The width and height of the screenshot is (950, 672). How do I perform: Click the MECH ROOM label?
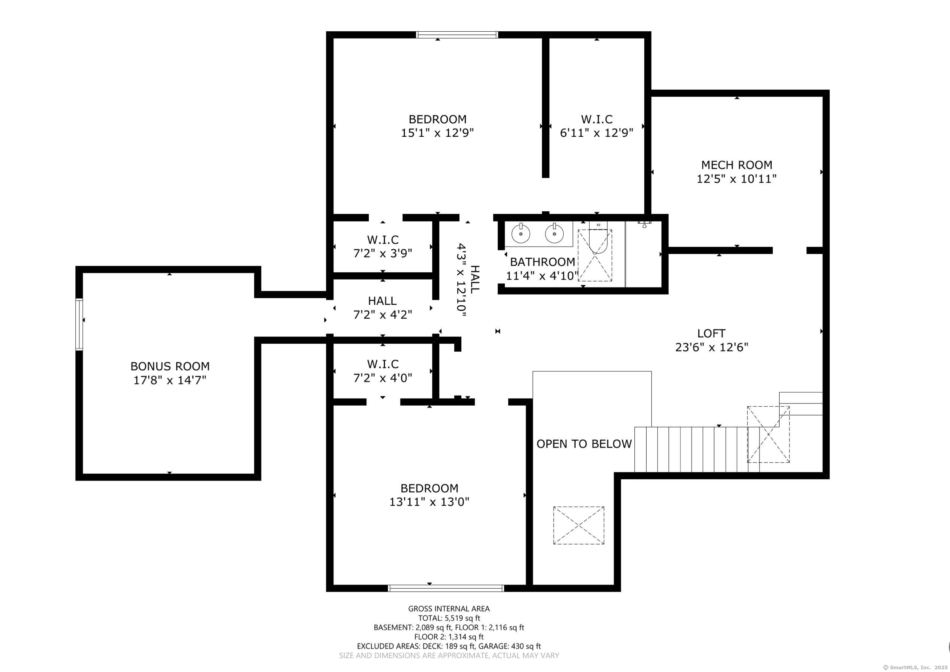tap(737, 165)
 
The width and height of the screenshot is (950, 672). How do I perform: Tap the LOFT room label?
tap(711, 333)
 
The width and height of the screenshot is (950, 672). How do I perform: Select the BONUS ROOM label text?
tap(170, 366)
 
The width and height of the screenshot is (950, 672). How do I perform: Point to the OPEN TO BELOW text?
tap(584, 444)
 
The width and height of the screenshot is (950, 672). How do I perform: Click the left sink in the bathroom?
tap(521, 234)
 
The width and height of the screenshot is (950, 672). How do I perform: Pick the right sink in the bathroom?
tap(554, 234)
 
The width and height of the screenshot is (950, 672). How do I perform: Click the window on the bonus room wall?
tap(79, 324)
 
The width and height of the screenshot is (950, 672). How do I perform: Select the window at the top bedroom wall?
tap(457, 35)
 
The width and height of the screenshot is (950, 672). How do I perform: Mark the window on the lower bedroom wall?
tap(446, 588)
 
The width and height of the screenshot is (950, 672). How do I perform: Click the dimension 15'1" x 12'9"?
tap(437, 133)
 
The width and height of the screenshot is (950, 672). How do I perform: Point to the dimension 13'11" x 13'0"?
tap(429, 502)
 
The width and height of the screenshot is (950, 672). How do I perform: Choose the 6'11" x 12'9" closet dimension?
tap(597, 133)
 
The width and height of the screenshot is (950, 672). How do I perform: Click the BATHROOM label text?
tap(542, 262)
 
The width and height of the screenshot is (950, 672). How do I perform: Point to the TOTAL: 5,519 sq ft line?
tap(449, 618)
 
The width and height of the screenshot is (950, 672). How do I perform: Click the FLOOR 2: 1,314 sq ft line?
tap(449, 637)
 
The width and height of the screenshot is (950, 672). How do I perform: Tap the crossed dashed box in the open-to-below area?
tap(579, 525)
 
